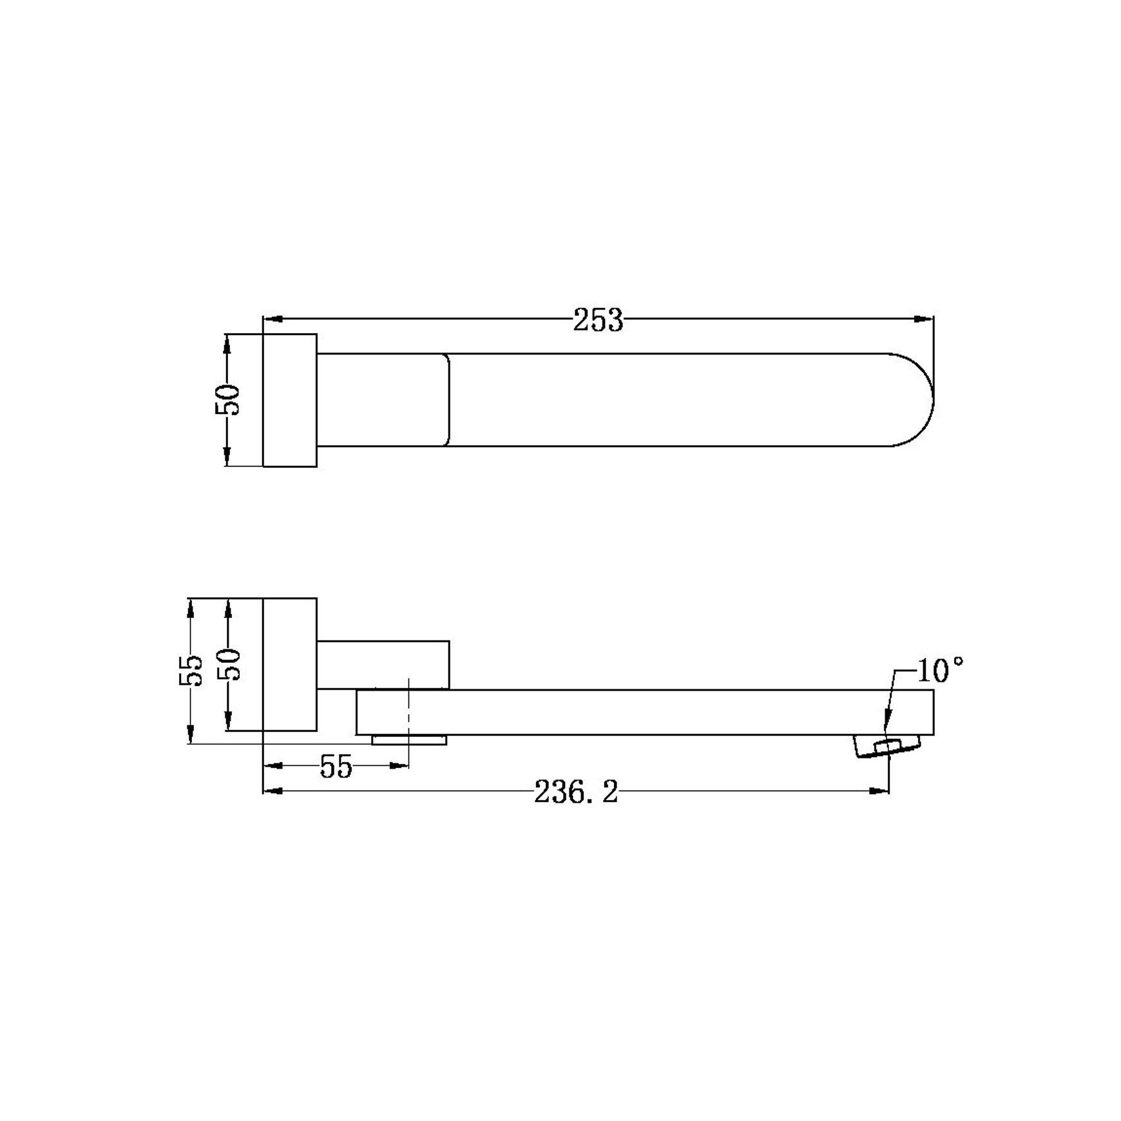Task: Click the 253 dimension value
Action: point(599,320)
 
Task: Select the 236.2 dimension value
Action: point(576,792)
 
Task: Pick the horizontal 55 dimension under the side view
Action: point(336,767)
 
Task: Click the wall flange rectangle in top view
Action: point(290,400)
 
